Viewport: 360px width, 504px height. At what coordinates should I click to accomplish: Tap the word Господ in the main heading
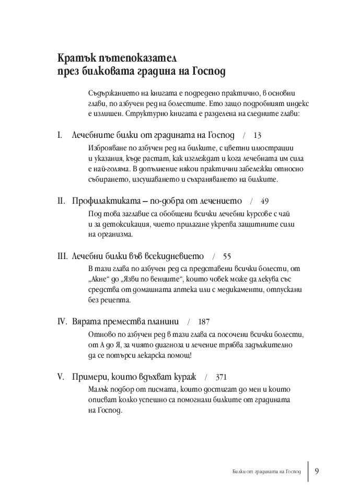(x=206, y=71)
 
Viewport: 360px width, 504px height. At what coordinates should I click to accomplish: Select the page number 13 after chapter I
(x=257, y=135)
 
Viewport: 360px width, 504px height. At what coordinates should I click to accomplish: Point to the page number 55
(x=227, y=256)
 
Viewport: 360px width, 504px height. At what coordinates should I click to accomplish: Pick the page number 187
(x=204, y=321)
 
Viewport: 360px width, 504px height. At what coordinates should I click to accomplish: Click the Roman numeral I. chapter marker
(x=61, y=135)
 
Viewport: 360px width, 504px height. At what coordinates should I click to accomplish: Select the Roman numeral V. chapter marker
(x=62, y=377)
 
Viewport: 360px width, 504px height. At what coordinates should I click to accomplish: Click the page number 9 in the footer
(x=317, y=471)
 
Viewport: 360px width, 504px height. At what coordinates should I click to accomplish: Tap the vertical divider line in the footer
(x=308, y=471)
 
